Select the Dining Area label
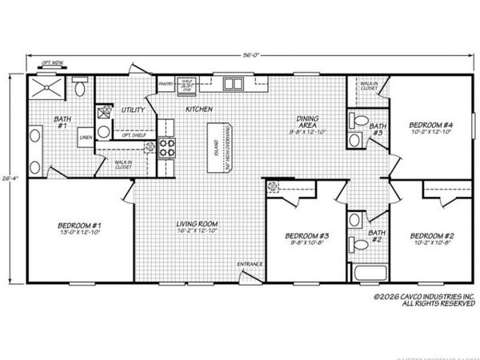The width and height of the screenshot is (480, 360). (308, 122)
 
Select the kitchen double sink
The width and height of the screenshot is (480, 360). (234, 83)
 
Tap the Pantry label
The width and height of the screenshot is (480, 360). (166, 83)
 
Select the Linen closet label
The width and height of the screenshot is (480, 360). (85, 138)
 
